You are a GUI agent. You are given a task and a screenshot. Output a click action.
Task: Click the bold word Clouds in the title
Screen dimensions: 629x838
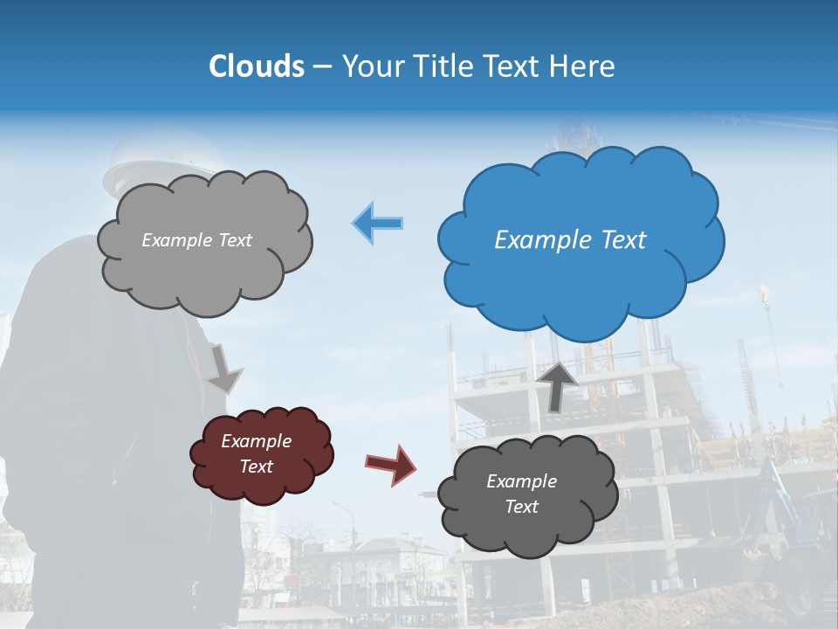point(257,66)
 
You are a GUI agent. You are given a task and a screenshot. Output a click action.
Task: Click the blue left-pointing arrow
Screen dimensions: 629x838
point(378,223)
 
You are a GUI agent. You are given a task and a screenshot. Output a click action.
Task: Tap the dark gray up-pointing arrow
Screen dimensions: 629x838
point(559,385)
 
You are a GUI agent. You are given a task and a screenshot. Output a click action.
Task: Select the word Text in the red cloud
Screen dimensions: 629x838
point(257,467)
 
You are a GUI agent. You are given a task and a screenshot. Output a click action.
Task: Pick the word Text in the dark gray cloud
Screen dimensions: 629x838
point(521,507)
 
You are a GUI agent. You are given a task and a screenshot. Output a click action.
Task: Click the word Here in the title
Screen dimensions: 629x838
point(587,66)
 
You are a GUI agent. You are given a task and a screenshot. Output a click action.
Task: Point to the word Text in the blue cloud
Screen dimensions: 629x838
point(623,240)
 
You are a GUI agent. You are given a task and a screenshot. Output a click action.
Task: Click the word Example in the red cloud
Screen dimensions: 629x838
point(257,441)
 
